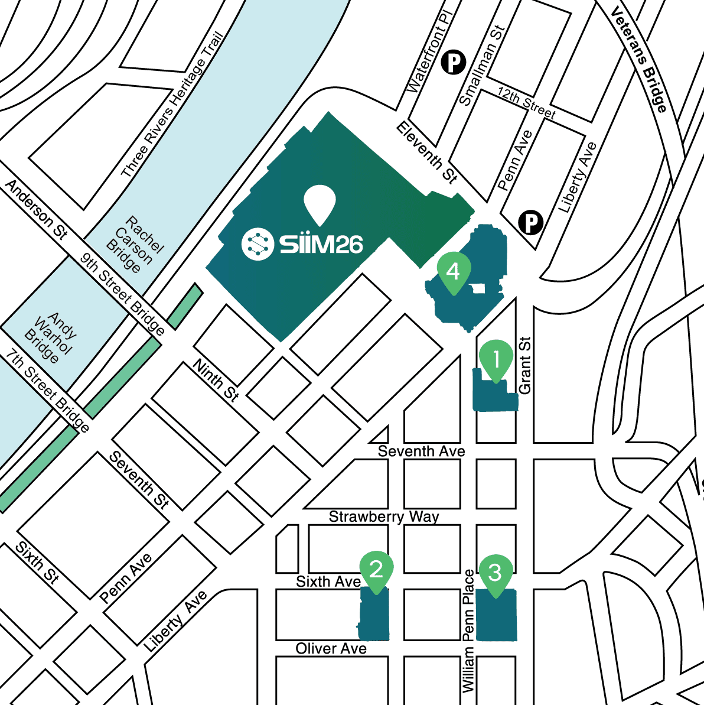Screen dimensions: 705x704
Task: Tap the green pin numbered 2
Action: click(x=376, y=570)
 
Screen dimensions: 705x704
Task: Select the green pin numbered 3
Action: click(x=495, y=572)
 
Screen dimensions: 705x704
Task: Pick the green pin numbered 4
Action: click(x=453, y=271)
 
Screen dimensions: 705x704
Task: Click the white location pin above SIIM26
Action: click(x=320, y=203)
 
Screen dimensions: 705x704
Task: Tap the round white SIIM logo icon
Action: click(x=258, y=243)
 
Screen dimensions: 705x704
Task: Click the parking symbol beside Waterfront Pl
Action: click(x=454, y=61)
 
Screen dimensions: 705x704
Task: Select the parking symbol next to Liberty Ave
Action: click(x=530, y=223)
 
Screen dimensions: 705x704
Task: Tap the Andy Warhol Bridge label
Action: click(x=51, y=338)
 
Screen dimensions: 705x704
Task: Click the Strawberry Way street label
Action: click(x=384, y=516)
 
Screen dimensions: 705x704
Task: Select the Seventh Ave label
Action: click(x=421, y=451)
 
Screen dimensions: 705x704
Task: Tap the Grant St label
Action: click(x=524, y=365)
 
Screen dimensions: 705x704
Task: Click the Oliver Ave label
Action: click(x=331, y=649)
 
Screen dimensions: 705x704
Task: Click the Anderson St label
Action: click(x=37, y=210)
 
